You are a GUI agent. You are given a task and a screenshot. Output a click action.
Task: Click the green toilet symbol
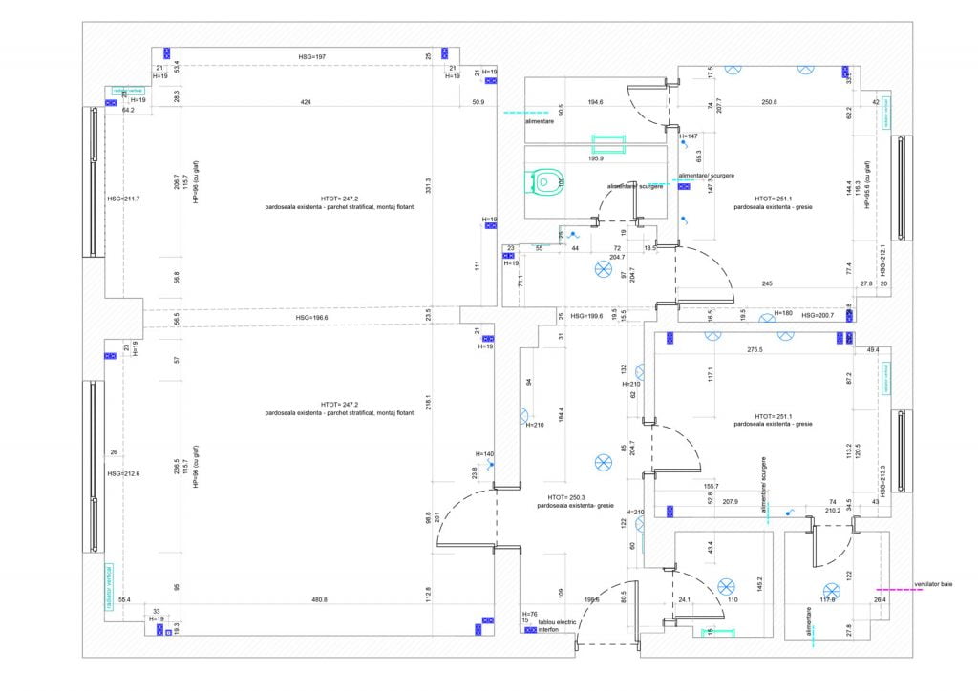545,180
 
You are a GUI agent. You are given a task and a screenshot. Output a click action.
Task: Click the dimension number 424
305,101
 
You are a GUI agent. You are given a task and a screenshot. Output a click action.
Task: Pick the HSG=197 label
312,57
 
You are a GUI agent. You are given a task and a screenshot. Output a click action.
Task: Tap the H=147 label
688,136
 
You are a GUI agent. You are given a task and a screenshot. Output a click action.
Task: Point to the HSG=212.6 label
124,473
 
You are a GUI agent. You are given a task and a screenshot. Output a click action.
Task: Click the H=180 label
782,313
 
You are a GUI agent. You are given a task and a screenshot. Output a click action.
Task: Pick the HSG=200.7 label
818,315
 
